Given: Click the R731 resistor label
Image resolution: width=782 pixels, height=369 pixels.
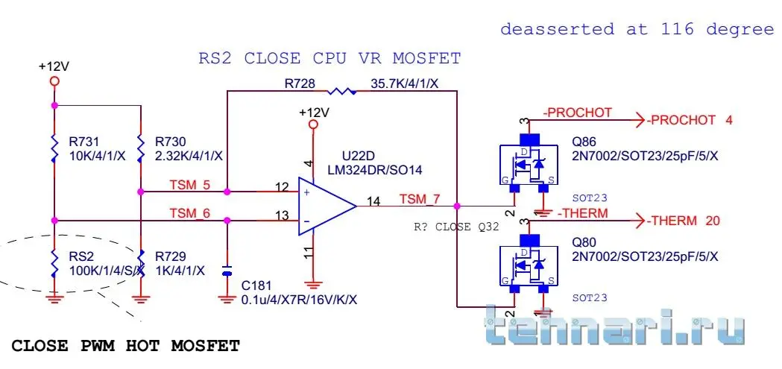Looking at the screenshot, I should click(83, 141).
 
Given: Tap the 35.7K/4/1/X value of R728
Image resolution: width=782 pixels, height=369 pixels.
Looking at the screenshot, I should click(404, 83).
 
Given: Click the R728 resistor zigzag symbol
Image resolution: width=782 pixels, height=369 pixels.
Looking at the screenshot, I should click(342, 91).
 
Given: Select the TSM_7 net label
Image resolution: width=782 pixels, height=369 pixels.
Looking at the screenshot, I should click(420, 199).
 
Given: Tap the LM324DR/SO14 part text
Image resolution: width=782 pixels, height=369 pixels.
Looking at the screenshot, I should click(374, 170).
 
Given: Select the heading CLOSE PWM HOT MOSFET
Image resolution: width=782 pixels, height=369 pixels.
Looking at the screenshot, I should click(126, 346).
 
